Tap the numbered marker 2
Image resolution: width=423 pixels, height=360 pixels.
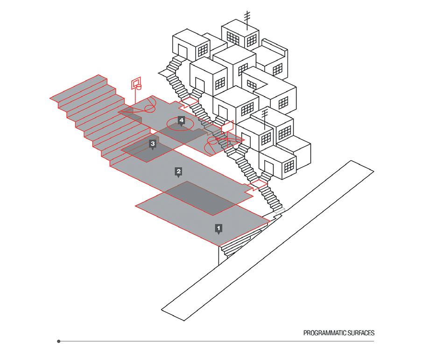[x=178, y=171]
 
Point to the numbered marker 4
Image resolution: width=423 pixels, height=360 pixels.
[x=181, y=120]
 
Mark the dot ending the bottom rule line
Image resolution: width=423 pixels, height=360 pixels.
[x=58, y=341]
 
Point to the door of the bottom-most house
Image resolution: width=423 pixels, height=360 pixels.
[x=269, y=169]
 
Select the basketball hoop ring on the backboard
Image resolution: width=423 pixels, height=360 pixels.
[x=138, y=87]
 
